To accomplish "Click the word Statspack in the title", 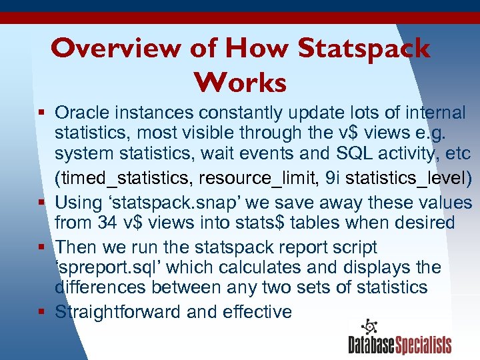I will (364, 49).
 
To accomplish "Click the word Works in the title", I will (240, 83).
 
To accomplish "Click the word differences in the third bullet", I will (101, 287).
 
